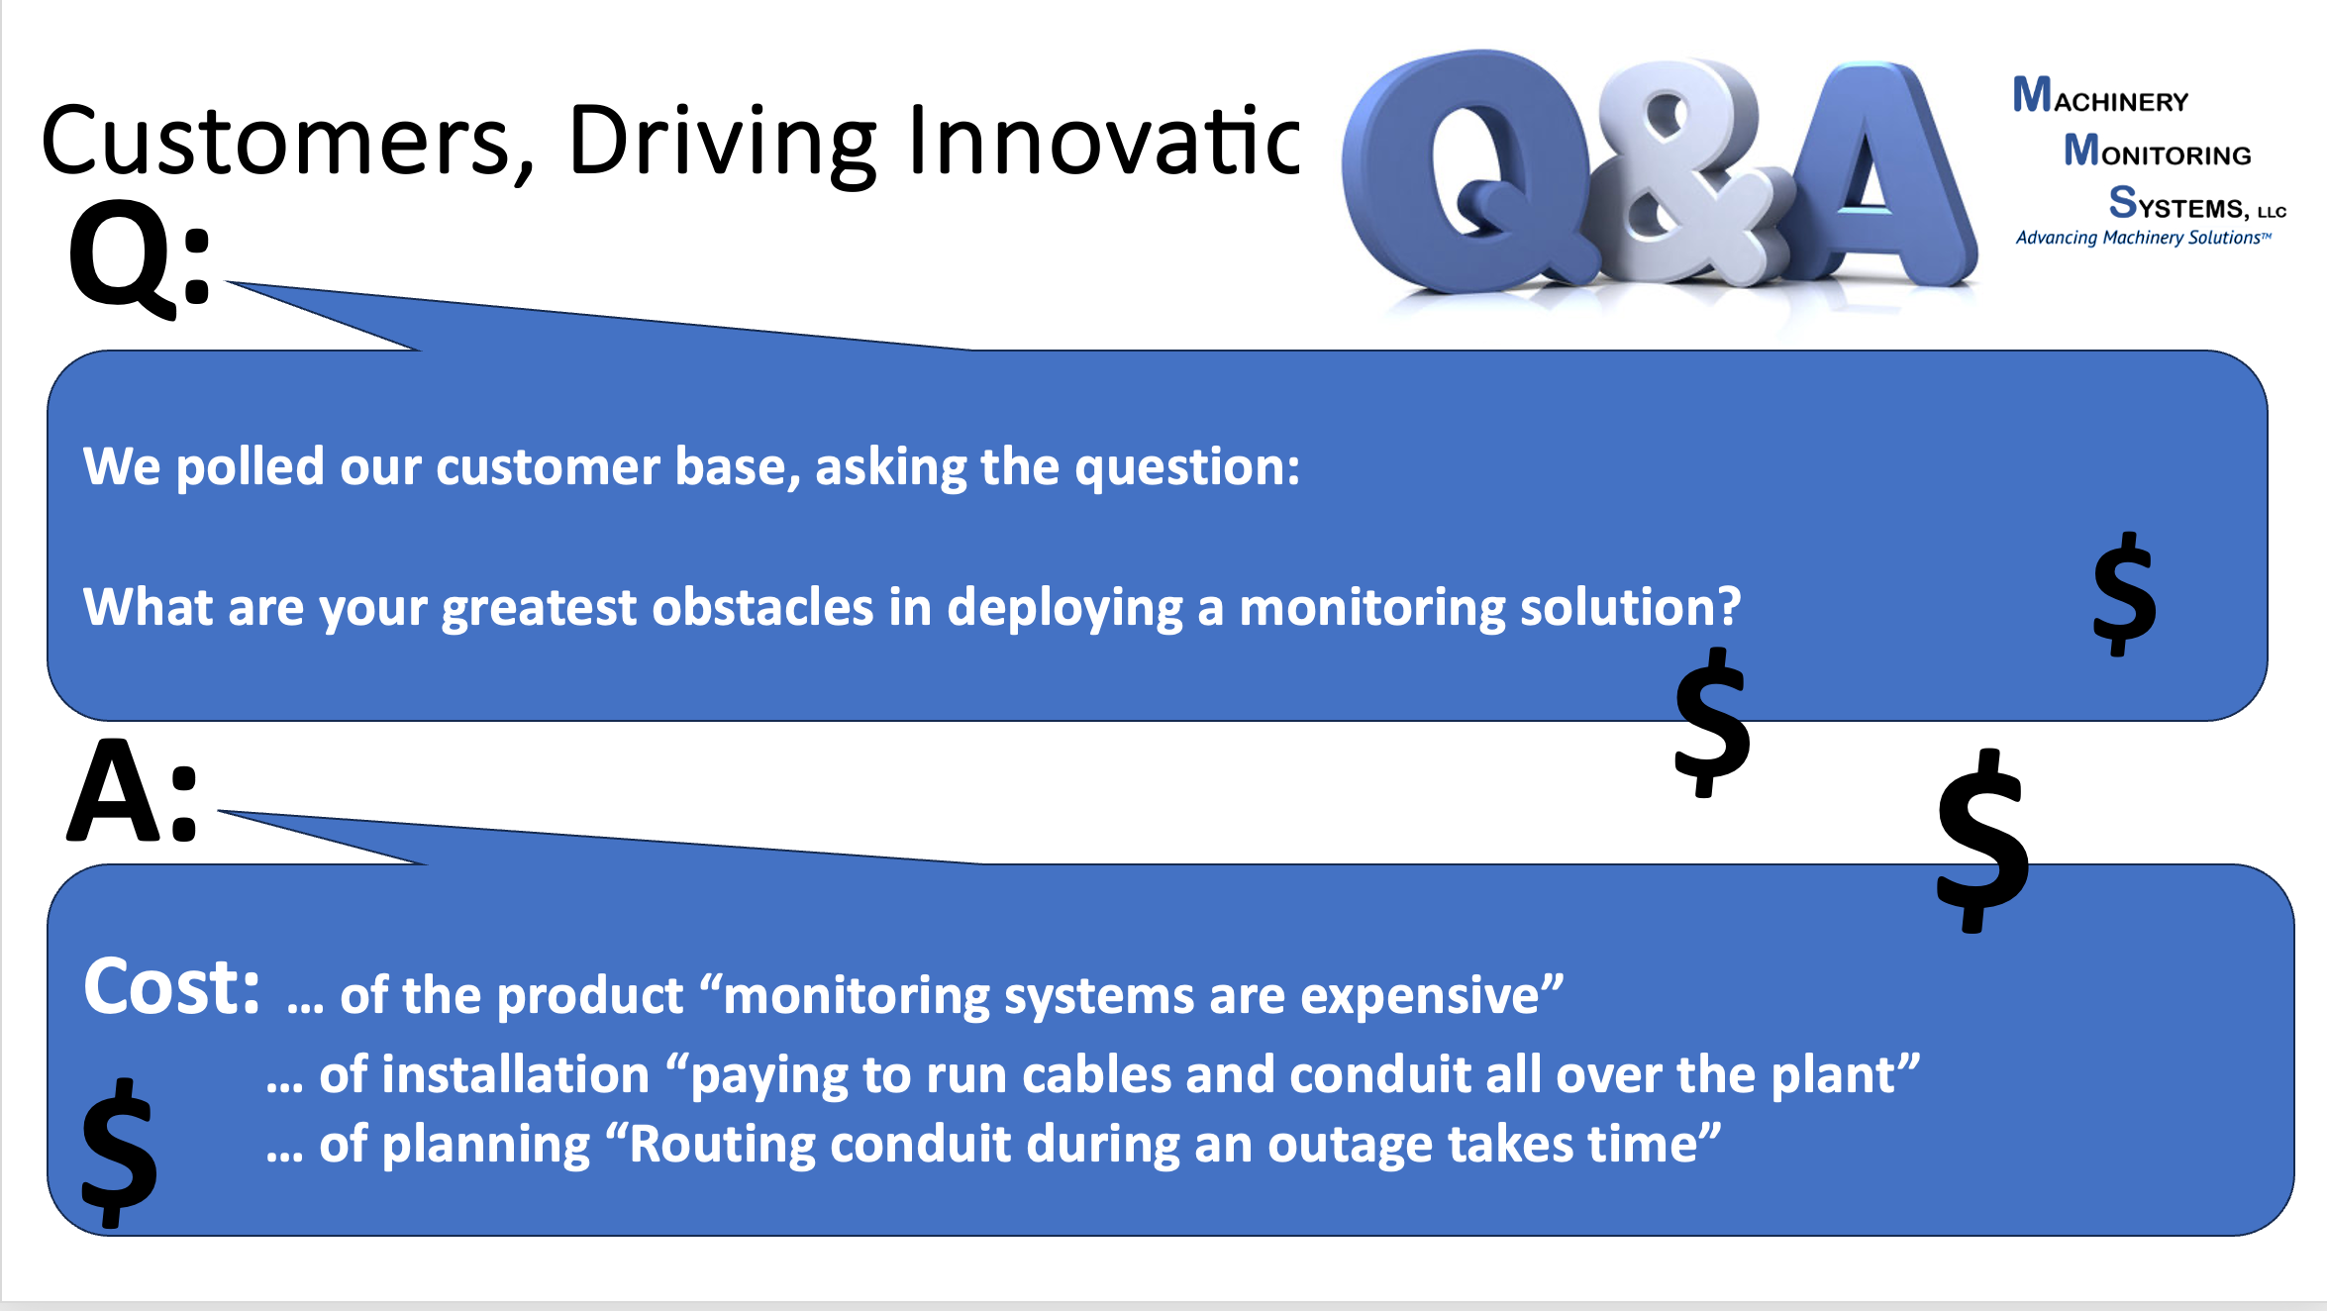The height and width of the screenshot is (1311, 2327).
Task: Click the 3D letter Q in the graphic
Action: pyautogui.click(x=1466, y=173)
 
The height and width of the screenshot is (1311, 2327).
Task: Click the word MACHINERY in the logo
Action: pyautogui.click(x=2100, y=95)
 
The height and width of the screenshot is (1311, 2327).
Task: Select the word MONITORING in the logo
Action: pyautogui.click(x=2157, y=150)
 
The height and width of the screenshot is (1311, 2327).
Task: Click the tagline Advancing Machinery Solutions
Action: pyautogui.click(x=2143, y=238)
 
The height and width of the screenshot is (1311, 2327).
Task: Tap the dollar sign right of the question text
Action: pyautogui.click(x=2125, y=594)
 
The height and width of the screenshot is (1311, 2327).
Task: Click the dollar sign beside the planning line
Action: pyautogui.click(x=120, y=1153)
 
